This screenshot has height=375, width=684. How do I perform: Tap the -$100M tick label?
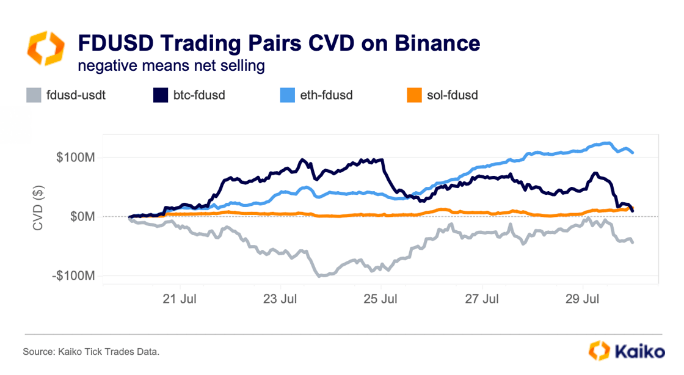coord(73,276)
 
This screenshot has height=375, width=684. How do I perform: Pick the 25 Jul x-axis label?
coord(381,299)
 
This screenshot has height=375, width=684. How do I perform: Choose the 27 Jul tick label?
coord(482,299)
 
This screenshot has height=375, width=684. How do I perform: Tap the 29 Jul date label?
coord(583,299)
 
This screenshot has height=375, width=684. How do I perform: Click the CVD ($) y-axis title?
coord(38,208)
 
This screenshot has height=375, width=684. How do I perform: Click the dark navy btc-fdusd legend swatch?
coord(160,95)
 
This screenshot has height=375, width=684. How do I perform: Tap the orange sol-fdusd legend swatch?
coord(415,95)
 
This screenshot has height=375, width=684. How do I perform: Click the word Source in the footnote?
coord(38,352)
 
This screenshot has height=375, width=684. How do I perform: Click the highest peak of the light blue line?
coord(607,143)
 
